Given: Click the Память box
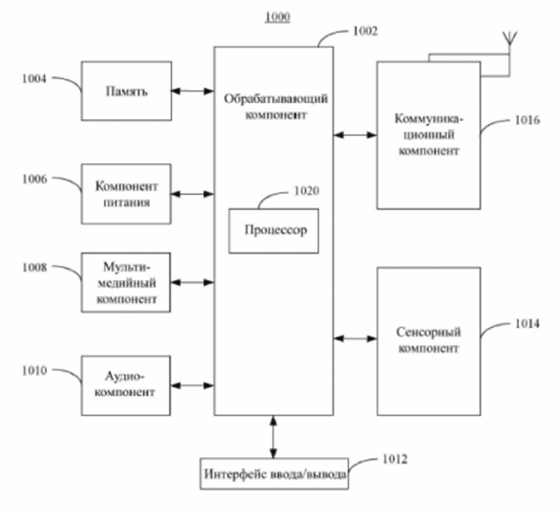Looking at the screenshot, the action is (x=126, y=91).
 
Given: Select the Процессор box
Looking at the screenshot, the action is (x=274, y=231).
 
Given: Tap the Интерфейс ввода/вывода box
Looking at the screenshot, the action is (x=274, y=474).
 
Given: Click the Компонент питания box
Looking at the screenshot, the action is (x=126, y=194).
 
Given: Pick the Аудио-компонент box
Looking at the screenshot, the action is (x=126, y=385).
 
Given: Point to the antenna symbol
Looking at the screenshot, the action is (x=509, y=38).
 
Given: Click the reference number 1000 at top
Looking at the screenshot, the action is (x=277, y=17).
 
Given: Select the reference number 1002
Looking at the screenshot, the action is (x=365, y=32).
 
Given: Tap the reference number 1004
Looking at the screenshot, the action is (x=34, y=79).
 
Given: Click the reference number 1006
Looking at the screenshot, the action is (x=34, y=179).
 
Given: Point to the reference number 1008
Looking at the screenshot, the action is (x=34, y=267).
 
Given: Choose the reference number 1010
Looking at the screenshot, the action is (x=34, y=371).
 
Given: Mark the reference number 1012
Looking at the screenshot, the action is (x=395, y=459).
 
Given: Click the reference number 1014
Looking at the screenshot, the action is (x=527, y=324).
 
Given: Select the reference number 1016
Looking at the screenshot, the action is (x=527, y=120).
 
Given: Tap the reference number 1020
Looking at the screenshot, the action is (x=307, y=191).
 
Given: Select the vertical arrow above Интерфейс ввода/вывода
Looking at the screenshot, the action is (x=274, y=437).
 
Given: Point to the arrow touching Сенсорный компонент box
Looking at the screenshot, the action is (x=355, y=338).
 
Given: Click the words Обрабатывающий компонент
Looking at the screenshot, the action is (x=275, y=106).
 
